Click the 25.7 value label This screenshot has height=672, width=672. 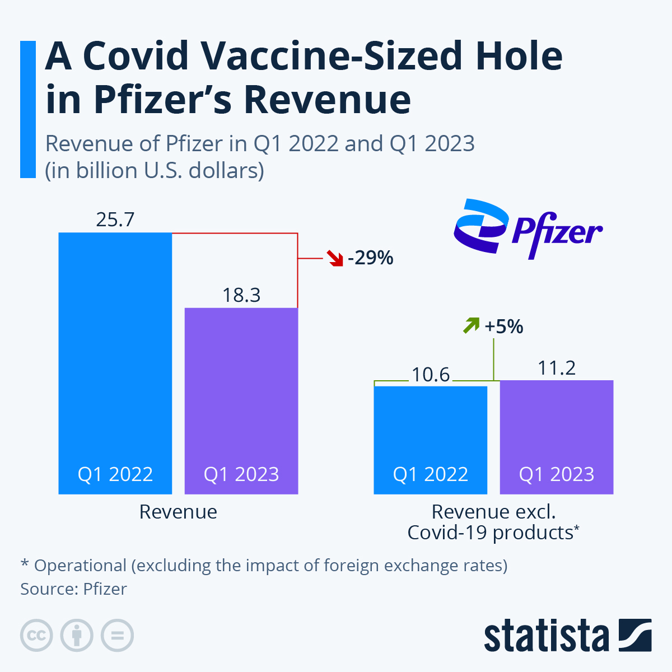click(x=115, y=220)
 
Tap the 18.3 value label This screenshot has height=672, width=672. click(x=241, y=295)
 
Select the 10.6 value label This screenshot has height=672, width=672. click(x=431, y=375)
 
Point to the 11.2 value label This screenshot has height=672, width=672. click(x=557, y=368)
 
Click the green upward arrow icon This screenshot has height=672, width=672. click(x=471, y=325)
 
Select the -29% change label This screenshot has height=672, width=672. click(x=371, y=258)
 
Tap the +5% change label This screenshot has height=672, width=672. click(x=504, y=326)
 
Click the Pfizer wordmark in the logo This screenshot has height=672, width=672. click(x=557, y=232)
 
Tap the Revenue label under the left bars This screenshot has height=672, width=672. click(x=178, y=512)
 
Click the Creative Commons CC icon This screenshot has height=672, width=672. click(x=36, y=636)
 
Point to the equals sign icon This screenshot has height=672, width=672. click(x=117, y=636)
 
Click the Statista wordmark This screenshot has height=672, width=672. click(x=547, y=636)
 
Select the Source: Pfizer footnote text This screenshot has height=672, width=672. click(x=73, y=589)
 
